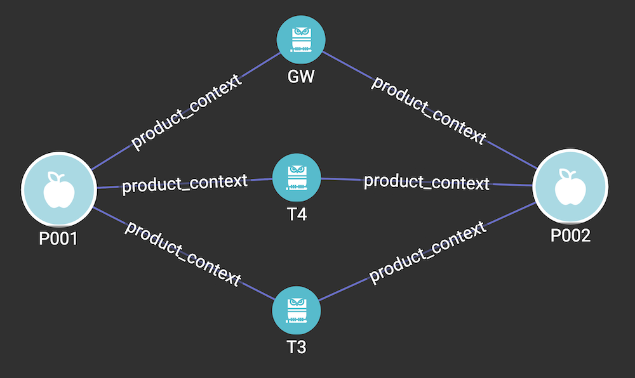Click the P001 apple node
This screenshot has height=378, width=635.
58,188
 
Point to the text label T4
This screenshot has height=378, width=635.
297,215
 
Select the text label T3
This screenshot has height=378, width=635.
297,348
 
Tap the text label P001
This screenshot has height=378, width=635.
58,239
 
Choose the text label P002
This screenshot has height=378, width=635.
570,235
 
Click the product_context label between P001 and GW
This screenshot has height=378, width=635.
187,112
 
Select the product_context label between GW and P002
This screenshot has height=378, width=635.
429,110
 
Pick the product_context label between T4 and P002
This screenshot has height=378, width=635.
427,182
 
